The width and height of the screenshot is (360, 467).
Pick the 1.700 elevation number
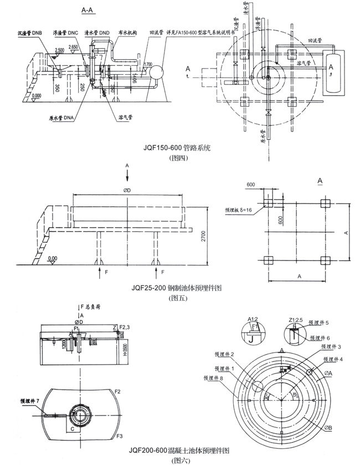point(147,65)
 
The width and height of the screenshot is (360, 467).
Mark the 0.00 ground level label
point(53,258)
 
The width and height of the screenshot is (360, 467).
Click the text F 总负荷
point(90,306)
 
